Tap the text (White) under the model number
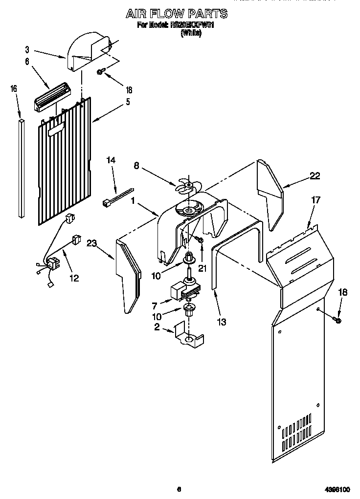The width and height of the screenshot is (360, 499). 191,33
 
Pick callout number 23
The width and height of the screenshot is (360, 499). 91,243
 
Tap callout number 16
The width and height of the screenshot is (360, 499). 14,88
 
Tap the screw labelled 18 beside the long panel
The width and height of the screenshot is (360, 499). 337,320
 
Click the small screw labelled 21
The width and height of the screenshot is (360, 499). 200,239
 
